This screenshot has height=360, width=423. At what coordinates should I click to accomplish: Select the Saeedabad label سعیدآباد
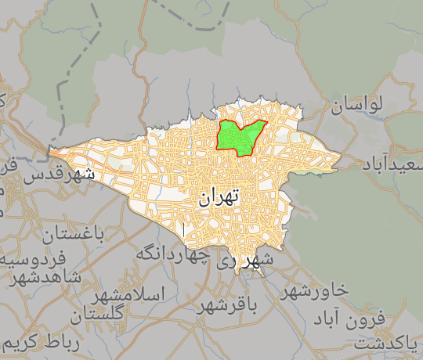tap(392, 164)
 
